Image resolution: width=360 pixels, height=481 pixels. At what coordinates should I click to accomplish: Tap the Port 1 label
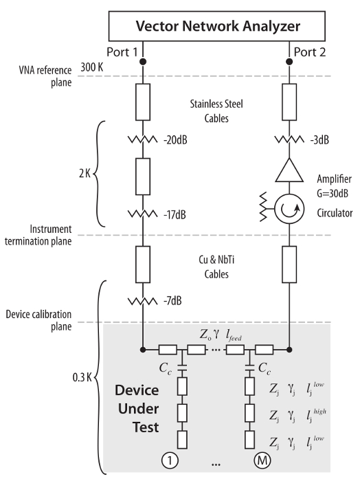(122, 52)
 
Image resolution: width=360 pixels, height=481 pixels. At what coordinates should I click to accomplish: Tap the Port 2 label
(310, 52)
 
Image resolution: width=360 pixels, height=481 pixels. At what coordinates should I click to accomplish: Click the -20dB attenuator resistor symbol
(143, 140)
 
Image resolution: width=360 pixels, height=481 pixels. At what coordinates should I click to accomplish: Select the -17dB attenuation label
(175, 214)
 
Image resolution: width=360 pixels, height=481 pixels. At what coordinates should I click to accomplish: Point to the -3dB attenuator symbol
(289, 140)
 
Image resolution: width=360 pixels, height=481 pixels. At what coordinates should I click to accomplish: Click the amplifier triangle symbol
(289, 170)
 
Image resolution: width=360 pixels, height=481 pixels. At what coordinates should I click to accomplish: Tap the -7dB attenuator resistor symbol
(143, 302)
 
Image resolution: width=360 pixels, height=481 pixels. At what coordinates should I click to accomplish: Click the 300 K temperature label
(92, 67)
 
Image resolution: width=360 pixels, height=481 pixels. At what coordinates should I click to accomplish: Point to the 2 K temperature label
(85, 174)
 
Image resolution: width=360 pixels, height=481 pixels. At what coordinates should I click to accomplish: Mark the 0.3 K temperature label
(82, 377)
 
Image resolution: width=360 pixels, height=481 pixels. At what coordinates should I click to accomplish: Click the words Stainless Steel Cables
(216, 111)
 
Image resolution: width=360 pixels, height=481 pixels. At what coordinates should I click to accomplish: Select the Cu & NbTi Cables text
(216, 267)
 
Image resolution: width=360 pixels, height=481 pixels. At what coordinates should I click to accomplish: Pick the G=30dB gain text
(333, 194)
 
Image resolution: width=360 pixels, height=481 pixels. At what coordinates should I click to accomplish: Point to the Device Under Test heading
(137, 409)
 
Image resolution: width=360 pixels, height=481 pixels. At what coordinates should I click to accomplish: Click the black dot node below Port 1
(143, 62)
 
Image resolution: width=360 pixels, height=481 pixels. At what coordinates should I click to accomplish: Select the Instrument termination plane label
(38, 235)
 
